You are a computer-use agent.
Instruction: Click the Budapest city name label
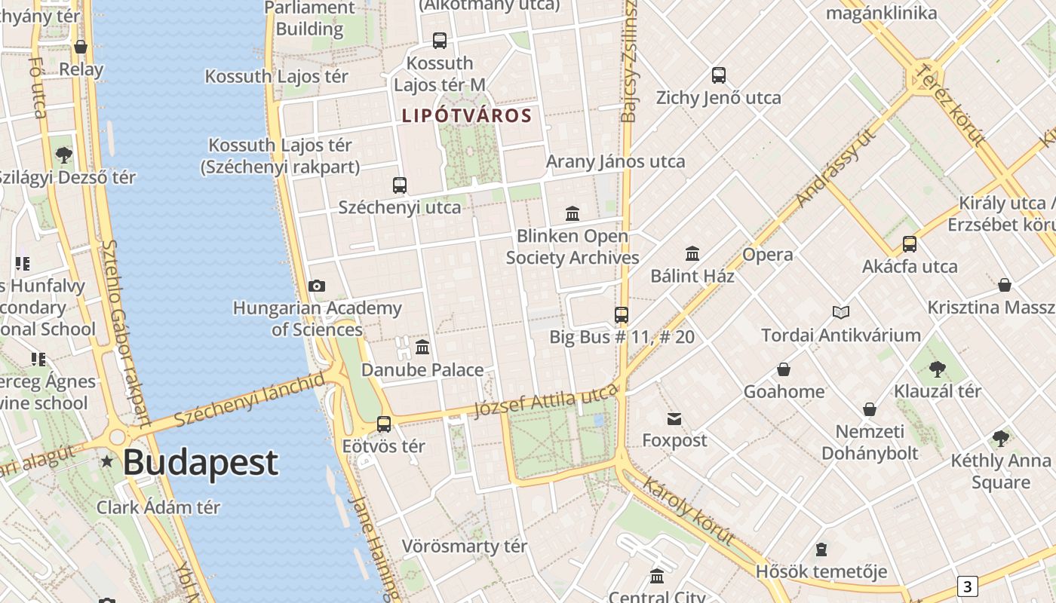pos(201,462)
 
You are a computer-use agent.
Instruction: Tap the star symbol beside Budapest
pos(108,461)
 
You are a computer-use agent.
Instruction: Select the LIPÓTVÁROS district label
pos(467,116)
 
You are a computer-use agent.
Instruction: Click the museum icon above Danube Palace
pos(422,347)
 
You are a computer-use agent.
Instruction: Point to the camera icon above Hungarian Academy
pos(317,286)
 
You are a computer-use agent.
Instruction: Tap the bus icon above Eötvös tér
pos(384,424)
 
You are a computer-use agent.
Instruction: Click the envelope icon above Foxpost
pos(674,419)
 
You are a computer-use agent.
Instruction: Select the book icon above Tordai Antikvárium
pos(841,312)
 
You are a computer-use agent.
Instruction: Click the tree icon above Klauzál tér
pos(938,369)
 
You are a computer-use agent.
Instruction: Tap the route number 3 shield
pos(967,586)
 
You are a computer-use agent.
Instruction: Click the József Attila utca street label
pos(546,400)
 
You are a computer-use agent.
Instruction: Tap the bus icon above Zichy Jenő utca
pos(718,75)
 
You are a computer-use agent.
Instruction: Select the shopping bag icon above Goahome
pos(784,369)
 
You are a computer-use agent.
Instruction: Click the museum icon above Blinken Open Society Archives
pos(573,214)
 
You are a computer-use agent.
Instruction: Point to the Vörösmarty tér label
pos(464,546)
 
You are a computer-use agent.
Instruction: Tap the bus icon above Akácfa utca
pos(910,244)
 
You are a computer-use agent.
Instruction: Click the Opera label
pos(767,255)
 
